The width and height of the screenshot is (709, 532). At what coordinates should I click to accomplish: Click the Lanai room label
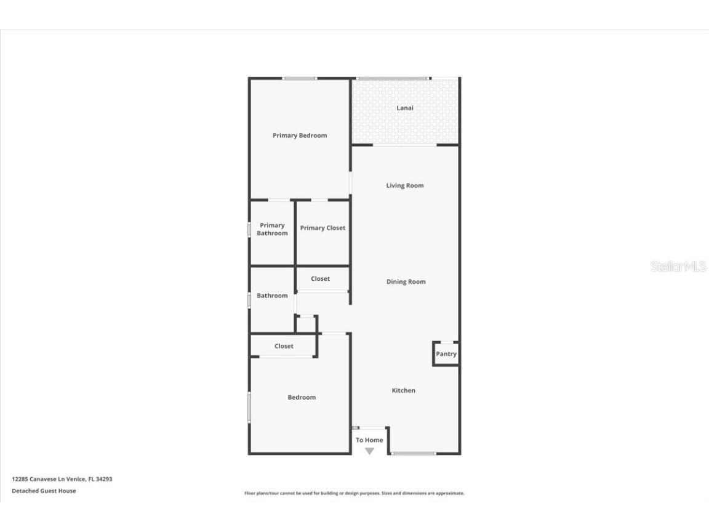click(x=404, y=108)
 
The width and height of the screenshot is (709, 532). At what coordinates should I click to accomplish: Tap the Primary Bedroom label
click(x=300, y=135)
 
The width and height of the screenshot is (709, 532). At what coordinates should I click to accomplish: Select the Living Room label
click(x=405, y=185)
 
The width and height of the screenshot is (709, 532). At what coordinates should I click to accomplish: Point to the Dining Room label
click(x=406, y=282)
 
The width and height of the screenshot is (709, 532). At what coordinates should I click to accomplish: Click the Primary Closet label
click(x=322, y=228)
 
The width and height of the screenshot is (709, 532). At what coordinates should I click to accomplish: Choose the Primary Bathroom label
click(x=272, y=229)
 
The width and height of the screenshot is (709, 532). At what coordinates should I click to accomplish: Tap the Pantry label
click(x=446, y=354)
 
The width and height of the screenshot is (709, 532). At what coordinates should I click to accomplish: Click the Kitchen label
click(x=404, y=390)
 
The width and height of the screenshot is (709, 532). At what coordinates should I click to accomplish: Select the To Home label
click(x=369, y=440)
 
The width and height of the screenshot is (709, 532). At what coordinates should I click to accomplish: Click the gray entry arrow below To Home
click(x=369, y=451)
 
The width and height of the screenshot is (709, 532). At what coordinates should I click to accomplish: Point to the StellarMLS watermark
click(x=678, y=267)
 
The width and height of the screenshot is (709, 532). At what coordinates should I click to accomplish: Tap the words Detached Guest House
click(x=44, y=491)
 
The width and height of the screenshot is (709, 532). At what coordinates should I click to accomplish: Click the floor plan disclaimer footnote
click(x=354, y=493)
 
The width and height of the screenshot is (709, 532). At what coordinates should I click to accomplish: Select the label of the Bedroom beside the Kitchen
click(x=302, y=397)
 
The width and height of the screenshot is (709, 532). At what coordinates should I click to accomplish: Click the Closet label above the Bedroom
click(x=284, y=346)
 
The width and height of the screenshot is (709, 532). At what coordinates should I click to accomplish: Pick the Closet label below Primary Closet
click(x=320, y=279)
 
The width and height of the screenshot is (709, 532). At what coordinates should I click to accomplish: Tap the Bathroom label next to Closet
click(x=272, y=296)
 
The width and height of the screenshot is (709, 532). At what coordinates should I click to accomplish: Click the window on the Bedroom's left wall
click(x=249, y=408)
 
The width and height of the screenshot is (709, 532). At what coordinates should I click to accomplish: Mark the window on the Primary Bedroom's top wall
click(x=300, y=78)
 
